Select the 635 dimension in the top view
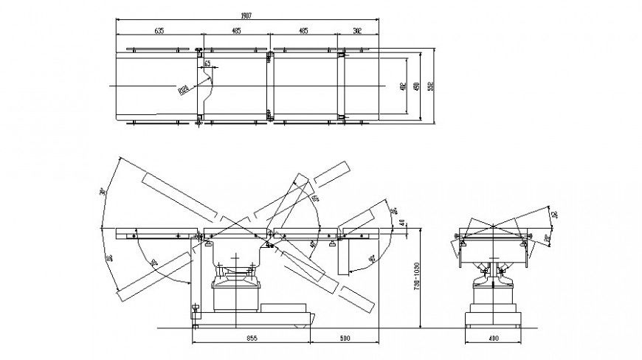coord(159,31)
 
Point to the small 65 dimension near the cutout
coord(207,65)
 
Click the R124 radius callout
coord(182,91)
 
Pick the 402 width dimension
coord(402,86)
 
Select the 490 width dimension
coord(418,86)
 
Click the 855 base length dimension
coord(251,339)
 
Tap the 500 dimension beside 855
coord(344,339)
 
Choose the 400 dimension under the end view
coord(492,339)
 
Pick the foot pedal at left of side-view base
coord(196,311)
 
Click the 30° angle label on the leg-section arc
coord(153,263)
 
